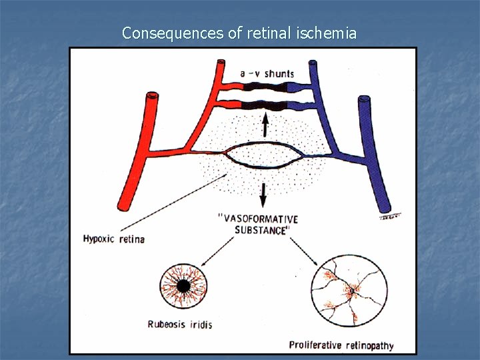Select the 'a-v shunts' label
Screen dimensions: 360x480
(267, 73)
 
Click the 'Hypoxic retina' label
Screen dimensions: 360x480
(113, 239)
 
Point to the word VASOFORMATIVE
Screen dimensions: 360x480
(258, 219)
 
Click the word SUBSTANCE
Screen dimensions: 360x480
(262, 230)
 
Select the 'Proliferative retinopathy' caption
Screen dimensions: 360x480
(341, 345)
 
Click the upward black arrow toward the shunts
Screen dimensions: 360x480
(265, 125)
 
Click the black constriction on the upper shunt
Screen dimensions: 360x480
(265, 87)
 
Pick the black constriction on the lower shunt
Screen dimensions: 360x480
(265, 105)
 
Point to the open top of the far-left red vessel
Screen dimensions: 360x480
(153, 97)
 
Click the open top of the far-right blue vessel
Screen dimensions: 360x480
(364, 101)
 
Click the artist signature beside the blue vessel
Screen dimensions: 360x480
(391, 216)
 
